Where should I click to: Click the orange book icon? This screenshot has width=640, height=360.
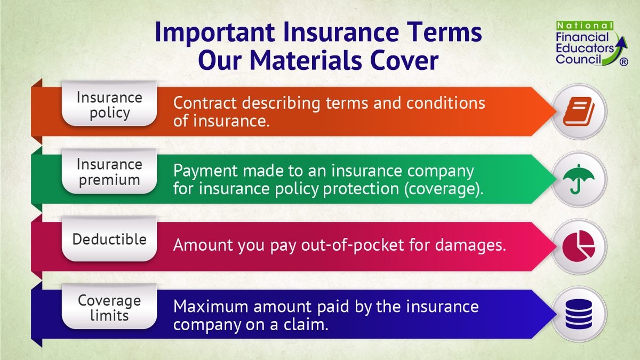[x=579, y=111]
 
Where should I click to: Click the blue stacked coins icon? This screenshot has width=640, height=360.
[x=579, y=314]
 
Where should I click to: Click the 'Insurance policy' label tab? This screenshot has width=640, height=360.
[x=109, y=105]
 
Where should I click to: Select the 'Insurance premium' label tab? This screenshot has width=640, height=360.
[x=109, y=172]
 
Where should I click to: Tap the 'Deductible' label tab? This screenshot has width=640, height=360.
[x=109, y=239]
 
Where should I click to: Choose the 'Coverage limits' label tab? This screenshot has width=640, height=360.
[x=109, y=308]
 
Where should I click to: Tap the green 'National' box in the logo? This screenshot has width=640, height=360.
[x=585, y=26]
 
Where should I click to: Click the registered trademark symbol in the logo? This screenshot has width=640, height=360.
[x=623, y=62]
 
